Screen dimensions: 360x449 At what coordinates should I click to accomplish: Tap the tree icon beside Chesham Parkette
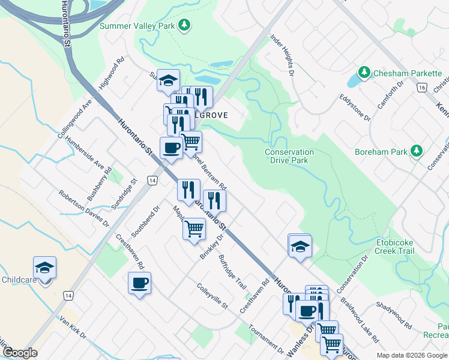coord(364,73)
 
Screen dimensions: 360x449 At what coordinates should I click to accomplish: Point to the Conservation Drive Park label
coord(289,157)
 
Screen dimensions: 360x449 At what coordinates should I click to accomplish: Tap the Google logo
coord(20,353)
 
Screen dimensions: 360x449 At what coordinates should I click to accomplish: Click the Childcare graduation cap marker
coord(44,268)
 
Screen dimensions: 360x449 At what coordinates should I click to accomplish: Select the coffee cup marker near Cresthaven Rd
coord(139,283)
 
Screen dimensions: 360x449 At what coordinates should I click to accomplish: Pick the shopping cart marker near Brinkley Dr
coord(194,229)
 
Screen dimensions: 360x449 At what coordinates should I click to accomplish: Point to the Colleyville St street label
coord(212,296)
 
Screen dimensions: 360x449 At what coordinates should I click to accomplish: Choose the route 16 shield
coord(423,88)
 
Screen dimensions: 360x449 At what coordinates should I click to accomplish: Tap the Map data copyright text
coord(412,355)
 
